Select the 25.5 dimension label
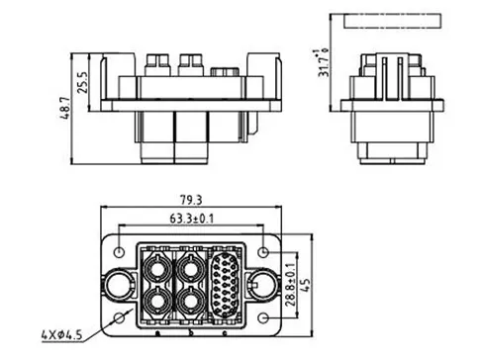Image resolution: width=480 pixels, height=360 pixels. pyautogui.click(x=85, y=75)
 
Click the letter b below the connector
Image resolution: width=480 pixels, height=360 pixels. pyautogui.click(x=191, y=334)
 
